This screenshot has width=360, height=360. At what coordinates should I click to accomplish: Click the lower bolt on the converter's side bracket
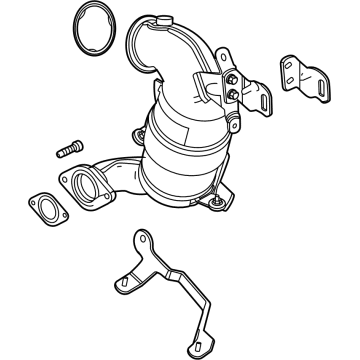coord(233,93)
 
